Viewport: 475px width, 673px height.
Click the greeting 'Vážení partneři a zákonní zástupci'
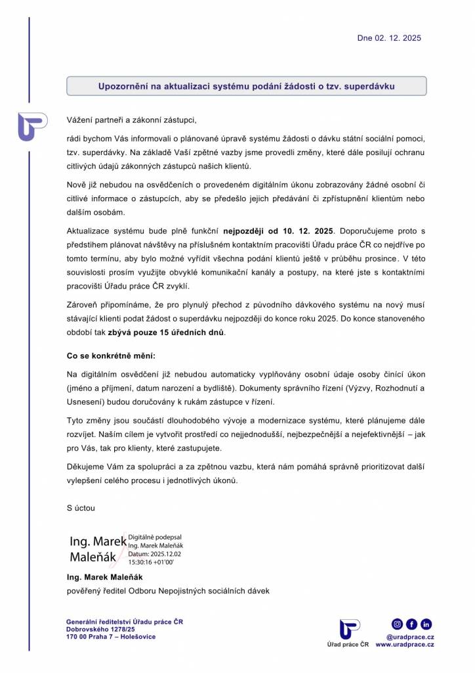coord(131,120)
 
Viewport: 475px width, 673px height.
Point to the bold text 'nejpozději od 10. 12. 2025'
coord(279,231)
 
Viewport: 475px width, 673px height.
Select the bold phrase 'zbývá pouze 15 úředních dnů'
coord(166,333)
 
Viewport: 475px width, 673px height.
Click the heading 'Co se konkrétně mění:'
coord(111,356)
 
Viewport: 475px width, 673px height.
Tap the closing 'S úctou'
coord(81,508)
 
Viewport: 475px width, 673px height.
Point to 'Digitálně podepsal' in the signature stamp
coord(155,537)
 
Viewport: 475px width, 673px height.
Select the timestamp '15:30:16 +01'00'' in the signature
coord(150,563)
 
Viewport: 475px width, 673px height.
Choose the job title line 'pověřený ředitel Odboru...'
coord(168,590)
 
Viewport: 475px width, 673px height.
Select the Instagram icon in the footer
coord(397,624)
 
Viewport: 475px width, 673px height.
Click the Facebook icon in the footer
coord(411,624)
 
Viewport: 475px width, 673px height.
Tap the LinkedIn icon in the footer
coord(426,624)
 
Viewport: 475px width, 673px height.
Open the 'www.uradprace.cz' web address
coord(405,645)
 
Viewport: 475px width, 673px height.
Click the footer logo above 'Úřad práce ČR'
coord(349,629)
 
